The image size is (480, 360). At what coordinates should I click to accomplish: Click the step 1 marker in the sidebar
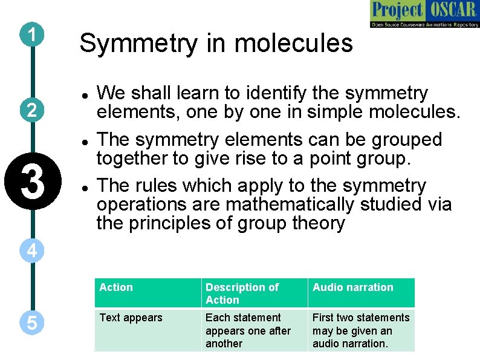tap(31, 35)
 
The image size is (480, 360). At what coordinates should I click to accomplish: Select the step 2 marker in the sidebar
tap(31, 110)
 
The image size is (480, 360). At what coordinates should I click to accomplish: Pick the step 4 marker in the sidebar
tap(31, 250)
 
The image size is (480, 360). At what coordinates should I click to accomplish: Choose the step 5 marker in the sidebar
tap(31, 324)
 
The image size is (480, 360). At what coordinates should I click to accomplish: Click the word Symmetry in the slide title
tap(132, 44)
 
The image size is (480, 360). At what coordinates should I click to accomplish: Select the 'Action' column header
tap(116, 287)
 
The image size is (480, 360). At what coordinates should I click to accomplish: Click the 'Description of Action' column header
tap(242, 293)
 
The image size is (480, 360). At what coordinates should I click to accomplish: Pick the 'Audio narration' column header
tap(352, 287)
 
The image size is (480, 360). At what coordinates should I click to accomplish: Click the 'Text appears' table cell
tap(131, 318)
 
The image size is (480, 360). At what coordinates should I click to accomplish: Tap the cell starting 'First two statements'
tap(360, 330)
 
